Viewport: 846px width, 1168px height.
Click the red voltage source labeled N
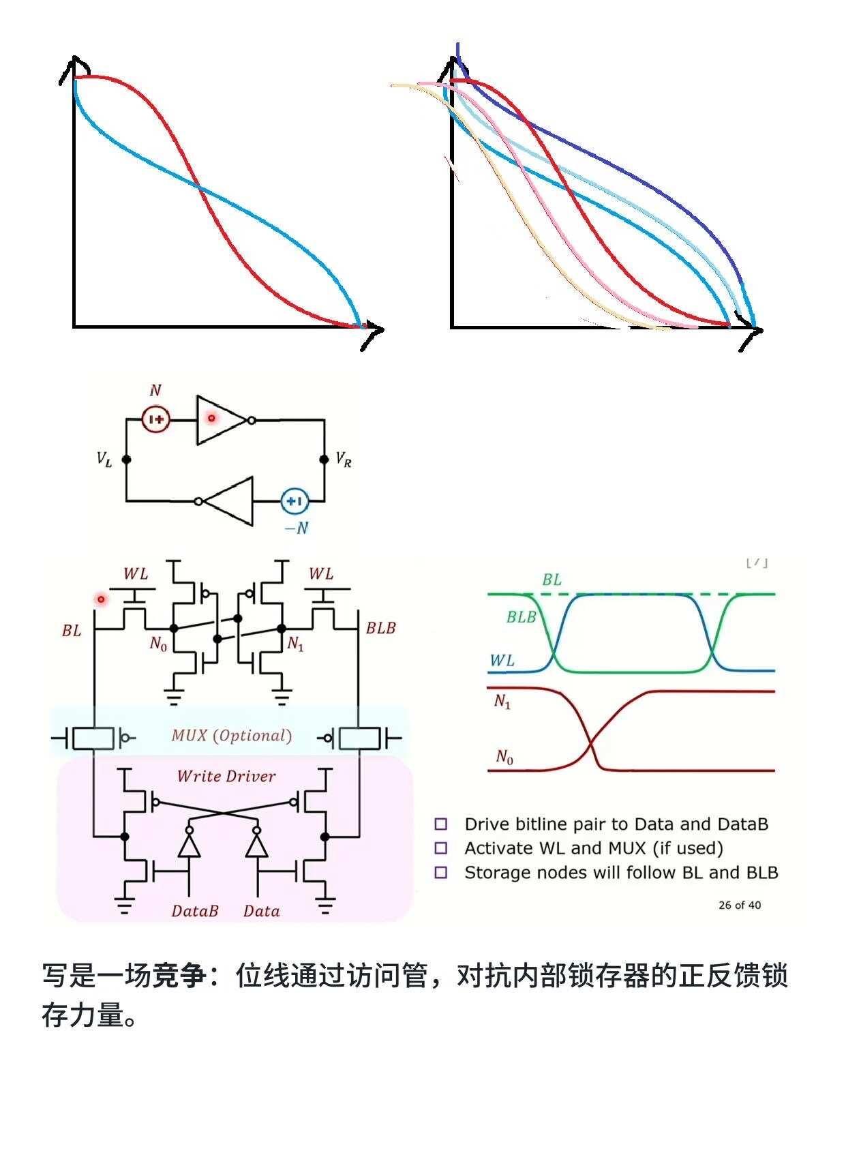[156, 419]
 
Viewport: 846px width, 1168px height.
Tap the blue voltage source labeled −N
[294, 501]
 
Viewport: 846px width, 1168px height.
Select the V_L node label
[104, 460]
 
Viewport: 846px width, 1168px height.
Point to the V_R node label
[344, 460]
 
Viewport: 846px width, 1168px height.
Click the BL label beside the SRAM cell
[72, 631]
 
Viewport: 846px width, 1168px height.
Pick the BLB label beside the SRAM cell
[380, 628]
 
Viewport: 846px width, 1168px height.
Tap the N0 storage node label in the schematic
[158, 644]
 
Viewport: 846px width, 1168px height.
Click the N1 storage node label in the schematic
[295, 644]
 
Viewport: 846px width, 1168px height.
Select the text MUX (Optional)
[231, 735]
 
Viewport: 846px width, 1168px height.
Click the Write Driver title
[226, 776]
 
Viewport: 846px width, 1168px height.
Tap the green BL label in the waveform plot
[552, 580]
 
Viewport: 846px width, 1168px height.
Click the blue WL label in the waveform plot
[502, 661]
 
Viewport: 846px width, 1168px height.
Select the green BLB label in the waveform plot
[522, 617]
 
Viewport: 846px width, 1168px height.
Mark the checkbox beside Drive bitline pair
[441, 824]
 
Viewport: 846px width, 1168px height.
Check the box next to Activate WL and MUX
[441, 848]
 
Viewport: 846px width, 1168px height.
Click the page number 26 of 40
[740, 905]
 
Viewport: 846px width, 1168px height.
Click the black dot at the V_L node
[126, 460]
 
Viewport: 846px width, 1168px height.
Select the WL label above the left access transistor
[136, 574]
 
